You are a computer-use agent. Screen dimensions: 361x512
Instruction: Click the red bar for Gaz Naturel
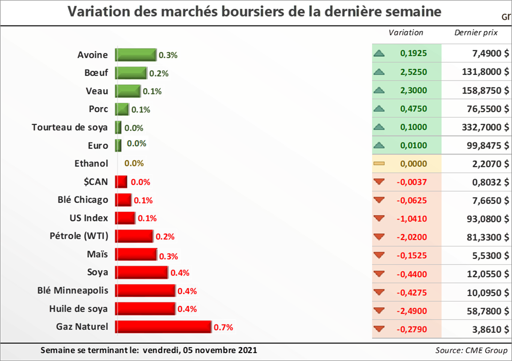click(x=163, y=327)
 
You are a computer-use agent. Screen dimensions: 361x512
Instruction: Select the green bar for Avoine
click(x=136, y=55)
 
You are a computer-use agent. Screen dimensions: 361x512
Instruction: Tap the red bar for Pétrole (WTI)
click(x=134, y=236)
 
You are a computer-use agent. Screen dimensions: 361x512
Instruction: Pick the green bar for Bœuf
click(x=131, y=73)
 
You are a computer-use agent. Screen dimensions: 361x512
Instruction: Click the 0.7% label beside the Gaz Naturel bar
click(x=223, y=327)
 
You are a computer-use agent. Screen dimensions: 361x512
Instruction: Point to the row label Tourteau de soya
click(x=69, y=127)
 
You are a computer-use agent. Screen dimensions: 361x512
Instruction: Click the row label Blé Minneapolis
click(x=72, y=290)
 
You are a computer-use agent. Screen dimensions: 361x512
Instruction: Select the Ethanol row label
click(x=91, y=163)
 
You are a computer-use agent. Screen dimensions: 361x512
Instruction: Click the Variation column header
click(x=405, y=33)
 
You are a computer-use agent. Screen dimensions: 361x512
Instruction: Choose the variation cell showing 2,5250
click(x=413, y=72)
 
